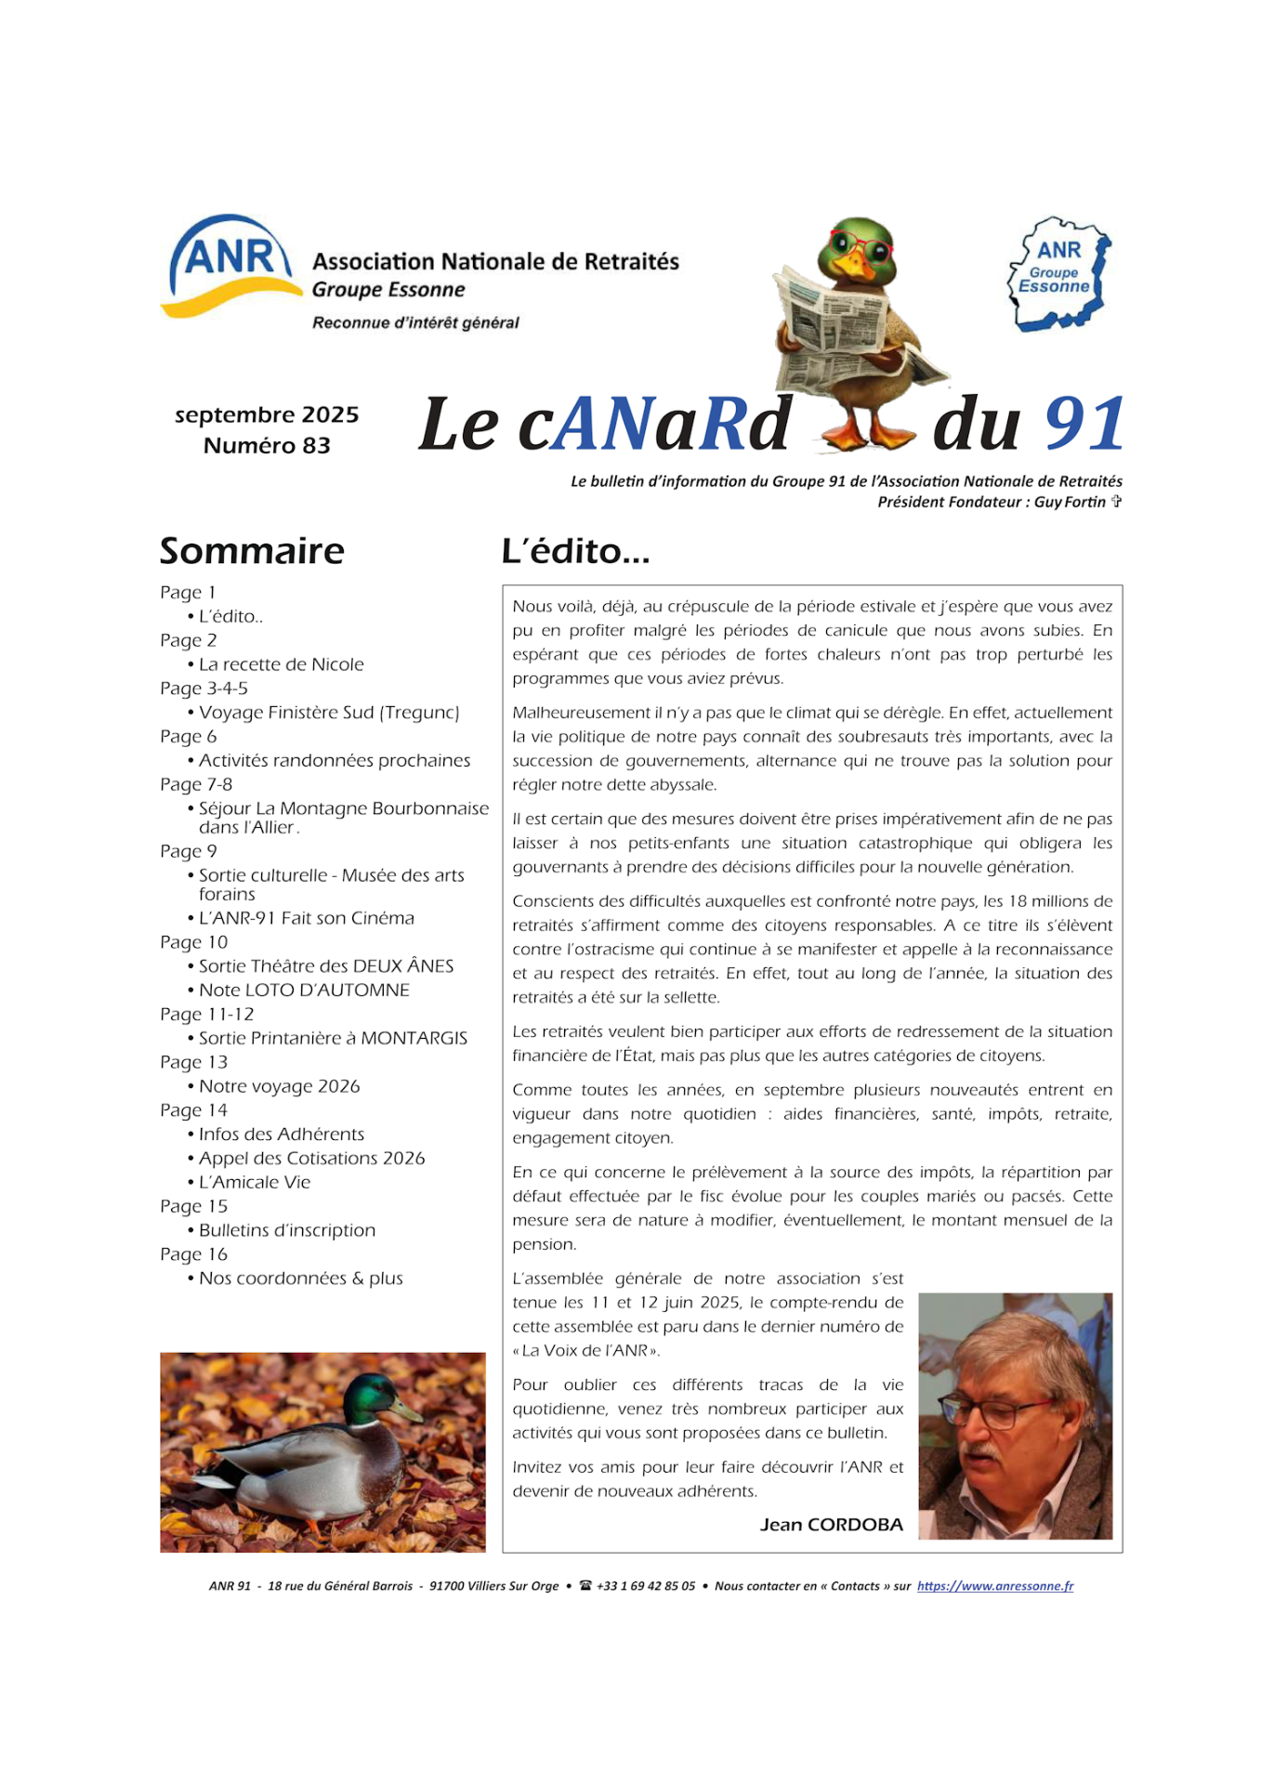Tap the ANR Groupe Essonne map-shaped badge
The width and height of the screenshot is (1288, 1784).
coord(1059,273)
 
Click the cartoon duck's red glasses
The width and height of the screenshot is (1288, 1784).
coord(861,247)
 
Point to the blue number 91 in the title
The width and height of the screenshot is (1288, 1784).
coord(1084,425)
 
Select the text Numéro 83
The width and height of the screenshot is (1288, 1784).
coord(267,446)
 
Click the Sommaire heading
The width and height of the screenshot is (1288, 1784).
coord(252,551)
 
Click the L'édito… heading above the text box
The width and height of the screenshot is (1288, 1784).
coord(575,551)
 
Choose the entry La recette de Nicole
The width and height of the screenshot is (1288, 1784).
coord(281,664)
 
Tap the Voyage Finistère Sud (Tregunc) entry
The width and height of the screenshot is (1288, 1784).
coord(329,713)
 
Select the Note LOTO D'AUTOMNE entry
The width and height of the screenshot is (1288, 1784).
coord(304,990)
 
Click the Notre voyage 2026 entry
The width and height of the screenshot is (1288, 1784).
coord(279,1086)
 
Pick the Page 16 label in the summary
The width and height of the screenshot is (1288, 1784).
coord(193,1254)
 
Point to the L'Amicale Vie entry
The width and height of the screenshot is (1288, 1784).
coord(255,1182)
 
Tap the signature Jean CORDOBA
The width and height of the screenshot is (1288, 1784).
coord(831,1525)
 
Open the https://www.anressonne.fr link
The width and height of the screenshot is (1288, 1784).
coord(994,1586)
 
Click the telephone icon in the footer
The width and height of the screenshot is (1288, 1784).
coord(585,1586)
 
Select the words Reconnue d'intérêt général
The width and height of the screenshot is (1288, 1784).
coord(415,322)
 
